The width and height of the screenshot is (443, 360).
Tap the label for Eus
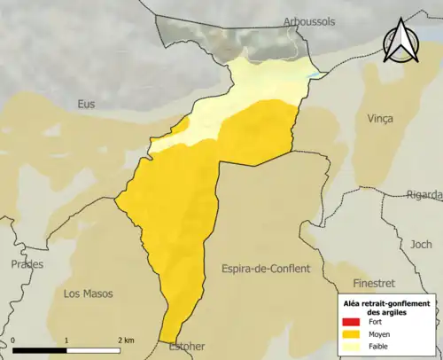coord(86,104)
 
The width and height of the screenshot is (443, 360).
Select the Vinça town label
coord(378,118)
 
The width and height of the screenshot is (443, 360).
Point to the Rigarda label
coord(424,195)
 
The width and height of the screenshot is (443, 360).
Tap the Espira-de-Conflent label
coord(266,268)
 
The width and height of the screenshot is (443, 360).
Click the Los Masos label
coord(89,292)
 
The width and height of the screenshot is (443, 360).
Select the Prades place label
coord(27,264)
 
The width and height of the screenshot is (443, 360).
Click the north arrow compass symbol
coord(400,44)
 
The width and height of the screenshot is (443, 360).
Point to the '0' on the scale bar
coord(14,340)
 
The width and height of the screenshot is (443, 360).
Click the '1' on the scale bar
coord(66,340)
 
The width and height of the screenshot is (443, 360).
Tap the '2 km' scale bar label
coord(126,340)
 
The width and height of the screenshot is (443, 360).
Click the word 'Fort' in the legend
coord(376,321)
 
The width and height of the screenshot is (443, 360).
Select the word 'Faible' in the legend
coord(378,348)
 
